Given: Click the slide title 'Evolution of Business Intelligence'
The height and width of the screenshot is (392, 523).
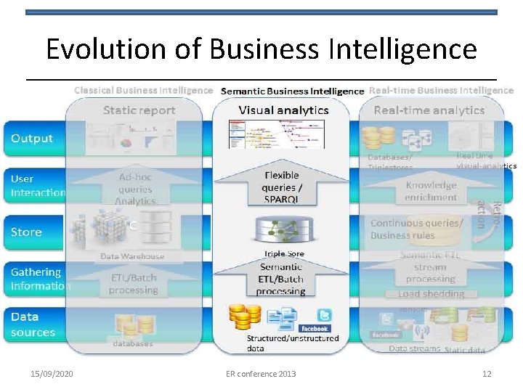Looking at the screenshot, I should (x=261, y=49).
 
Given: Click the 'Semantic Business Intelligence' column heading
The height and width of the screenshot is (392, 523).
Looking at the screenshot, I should (x=292, y=91).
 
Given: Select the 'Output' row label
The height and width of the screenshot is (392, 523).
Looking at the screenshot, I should (x=32, y=139).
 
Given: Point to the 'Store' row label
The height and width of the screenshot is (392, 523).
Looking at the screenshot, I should (x=26, y=232).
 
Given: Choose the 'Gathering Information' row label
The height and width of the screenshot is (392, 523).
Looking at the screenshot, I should (x=40, y=279).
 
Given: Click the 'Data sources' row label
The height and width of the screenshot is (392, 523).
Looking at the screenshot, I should (x=33, y=324).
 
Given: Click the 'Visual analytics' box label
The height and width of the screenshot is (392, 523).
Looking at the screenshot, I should (x=284, y=110).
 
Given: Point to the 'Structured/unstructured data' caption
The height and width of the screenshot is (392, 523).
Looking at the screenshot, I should (x=293, y=343).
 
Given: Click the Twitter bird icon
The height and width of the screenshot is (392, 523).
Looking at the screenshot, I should (x=324, y=315).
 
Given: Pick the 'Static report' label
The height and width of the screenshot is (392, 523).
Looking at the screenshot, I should (x=139, y=110).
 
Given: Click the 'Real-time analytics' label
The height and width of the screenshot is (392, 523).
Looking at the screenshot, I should (x=429, y=110).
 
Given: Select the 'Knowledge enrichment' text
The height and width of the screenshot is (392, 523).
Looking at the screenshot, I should (x=431, y=191).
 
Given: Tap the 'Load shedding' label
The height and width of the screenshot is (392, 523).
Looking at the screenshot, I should (x=431, y=294).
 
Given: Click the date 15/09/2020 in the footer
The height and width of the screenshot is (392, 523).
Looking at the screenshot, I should (x=52, y=374).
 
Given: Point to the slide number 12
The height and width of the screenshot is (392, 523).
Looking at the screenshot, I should (x=487, y=374).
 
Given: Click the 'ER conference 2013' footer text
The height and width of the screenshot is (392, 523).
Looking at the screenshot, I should (x=261, y=374).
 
